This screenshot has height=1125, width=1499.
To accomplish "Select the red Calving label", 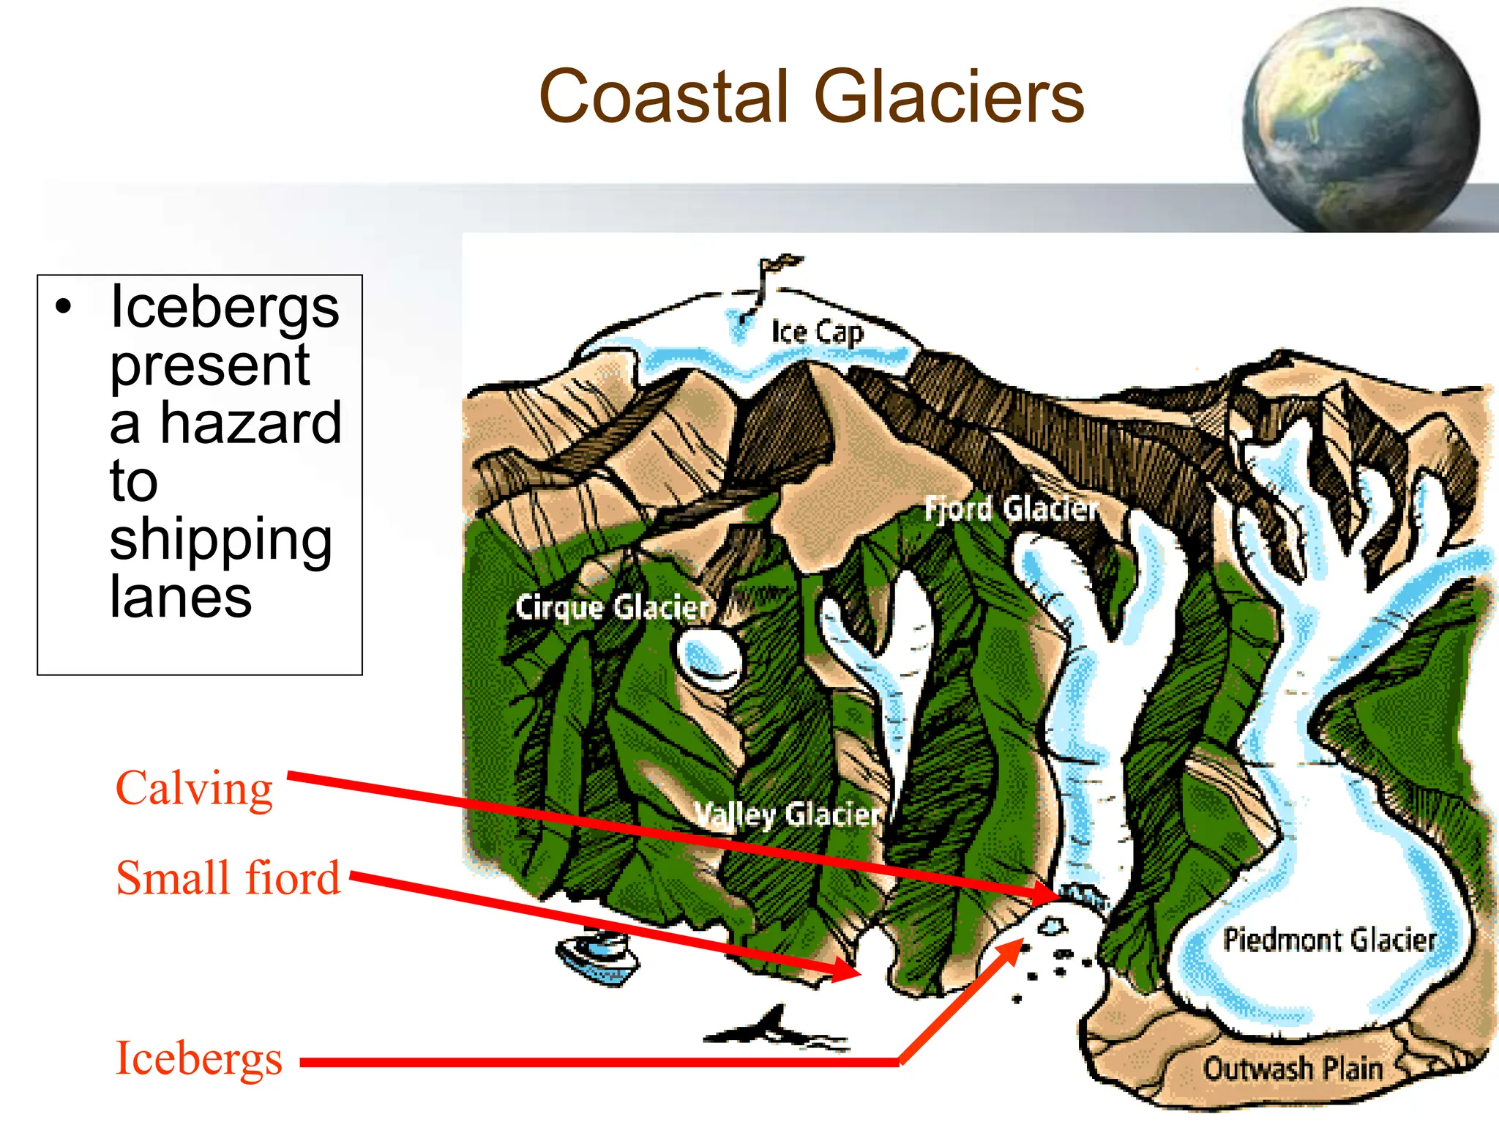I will click(x=194, y=790).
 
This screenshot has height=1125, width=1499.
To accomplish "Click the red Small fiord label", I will click(x=228, y=878).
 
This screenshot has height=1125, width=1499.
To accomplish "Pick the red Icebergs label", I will click(x=199, y=1059).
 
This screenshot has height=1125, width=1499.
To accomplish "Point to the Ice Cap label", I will click(x=817, y=333).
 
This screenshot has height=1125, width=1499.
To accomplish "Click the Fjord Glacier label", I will click(x=1012, y=508).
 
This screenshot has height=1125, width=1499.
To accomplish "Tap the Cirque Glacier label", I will click(x=613, y=607).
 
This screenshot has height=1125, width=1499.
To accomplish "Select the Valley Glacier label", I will click(x=787, y=814).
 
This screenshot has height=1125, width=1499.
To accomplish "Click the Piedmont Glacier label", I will click(x=1329, y=940).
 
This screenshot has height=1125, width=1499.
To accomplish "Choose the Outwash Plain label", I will click(x=1293, y=1069).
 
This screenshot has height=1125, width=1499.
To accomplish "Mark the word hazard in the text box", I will click(x=250, y=423).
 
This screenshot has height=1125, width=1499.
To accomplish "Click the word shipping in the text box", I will click(x=221, y=540).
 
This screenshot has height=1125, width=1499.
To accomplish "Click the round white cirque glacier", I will click(x=709, y=657).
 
